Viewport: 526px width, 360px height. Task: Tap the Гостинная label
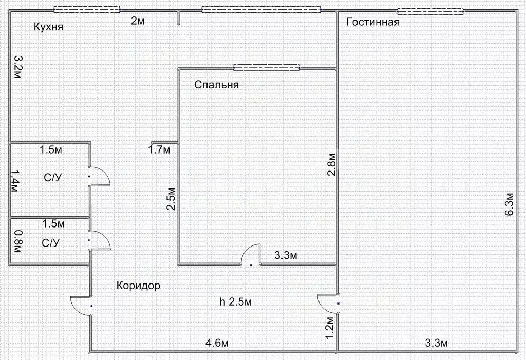click(373, 22)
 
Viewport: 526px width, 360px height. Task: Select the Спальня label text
click(216, 85)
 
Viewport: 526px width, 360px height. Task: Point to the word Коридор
click(138, 286)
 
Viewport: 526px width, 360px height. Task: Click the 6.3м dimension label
click(509, 206)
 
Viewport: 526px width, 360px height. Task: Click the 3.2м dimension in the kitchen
click(17, 67)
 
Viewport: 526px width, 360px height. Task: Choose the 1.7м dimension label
click(159, 150)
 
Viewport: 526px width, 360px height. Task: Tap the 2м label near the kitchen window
click(137, 21)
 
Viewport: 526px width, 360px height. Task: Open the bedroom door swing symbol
click(251, 255)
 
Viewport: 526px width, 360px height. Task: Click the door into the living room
click(329, 302)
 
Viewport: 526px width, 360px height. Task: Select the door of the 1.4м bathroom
click(99, 176)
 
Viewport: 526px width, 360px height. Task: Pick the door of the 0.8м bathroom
click(99, 240)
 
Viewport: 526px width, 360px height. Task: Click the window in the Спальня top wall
click(266, 67)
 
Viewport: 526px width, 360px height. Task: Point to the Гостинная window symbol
click(430, 11)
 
